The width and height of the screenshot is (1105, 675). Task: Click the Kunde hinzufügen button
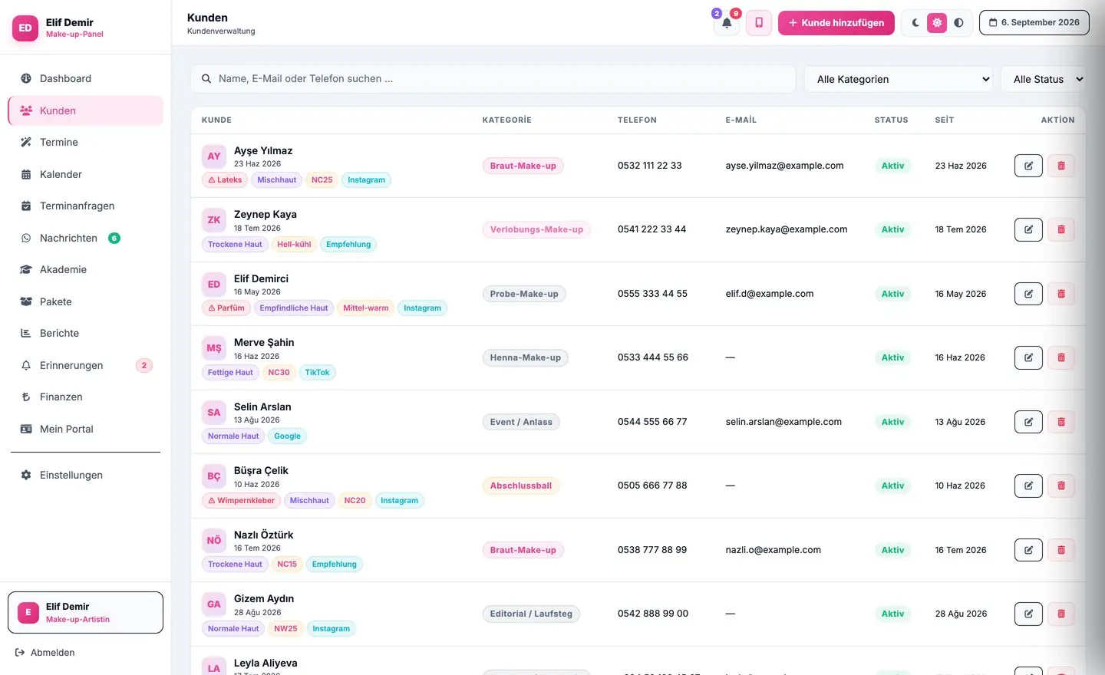point(836,23)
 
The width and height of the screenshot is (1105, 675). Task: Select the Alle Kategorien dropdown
point(899,79)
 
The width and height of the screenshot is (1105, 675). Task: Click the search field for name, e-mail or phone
point(493,78)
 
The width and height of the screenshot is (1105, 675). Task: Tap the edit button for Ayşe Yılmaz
point(1028,166)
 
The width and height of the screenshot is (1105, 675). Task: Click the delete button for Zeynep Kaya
point(1060,229)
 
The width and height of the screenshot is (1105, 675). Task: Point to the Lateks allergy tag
point(225,179)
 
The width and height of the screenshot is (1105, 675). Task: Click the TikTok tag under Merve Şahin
point(317,372)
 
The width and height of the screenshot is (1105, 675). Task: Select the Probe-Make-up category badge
point(524,294)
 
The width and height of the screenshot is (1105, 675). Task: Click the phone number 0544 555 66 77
point(652,422)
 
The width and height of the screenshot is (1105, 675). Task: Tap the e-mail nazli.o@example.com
point(773,550)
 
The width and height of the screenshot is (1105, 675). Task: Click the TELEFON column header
point(637,120)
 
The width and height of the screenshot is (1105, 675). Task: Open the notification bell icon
point(727,23)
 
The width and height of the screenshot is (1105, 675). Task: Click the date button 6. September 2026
point(1034,23)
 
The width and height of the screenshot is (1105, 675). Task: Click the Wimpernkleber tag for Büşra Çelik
point(241,500)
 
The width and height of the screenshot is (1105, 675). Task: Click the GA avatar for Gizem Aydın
point(213,604)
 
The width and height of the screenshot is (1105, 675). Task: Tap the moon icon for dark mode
point(915,23)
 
